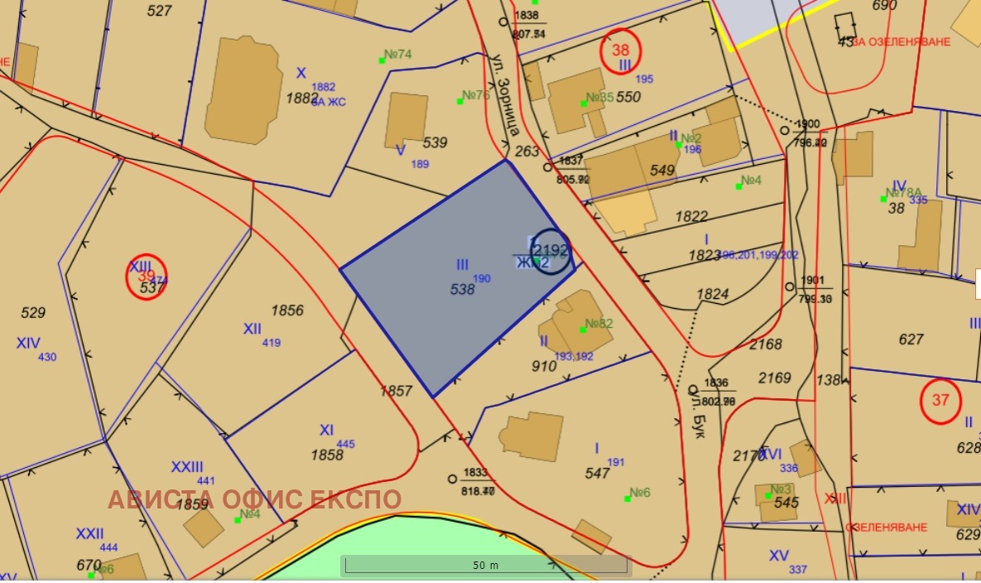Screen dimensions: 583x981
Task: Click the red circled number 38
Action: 620,50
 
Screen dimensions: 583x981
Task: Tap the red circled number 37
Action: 940,401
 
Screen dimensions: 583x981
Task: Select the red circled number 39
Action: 147,277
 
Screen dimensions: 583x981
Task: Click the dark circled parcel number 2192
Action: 551,250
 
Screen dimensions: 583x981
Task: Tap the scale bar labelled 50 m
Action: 486,566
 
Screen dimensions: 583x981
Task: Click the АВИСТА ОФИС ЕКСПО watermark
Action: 255,500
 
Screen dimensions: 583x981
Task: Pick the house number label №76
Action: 474,95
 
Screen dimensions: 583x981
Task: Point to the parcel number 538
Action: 462,290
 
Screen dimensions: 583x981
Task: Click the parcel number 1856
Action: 287,311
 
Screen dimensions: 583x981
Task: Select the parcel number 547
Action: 597,474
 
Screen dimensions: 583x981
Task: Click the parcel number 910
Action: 544,365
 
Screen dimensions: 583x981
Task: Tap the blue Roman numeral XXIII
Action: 187,466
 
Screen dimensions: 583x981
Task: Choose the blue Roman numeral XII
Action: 252,329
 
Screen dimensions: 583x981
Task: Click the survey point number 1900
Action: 806,124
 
